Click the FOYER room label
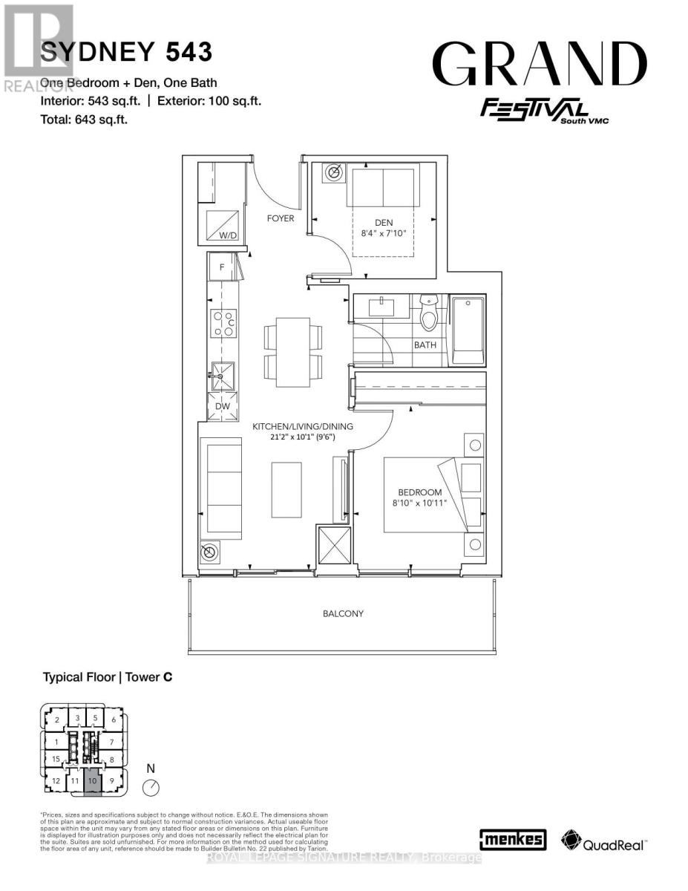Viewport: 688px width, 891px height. coord(281,218)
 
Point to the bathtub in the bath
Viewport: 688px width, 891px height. coord(468,330)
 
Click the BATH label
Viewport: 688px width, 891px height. coord(425,345)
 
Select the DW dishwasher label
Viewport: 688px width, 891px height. coord(222,406)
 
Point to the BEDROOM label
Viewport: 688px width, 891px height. coord(419,492)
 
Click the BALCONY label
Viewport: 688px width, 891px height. coord(343,613)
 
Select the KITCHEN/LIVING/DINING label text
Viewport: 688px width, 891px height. coord(303,427)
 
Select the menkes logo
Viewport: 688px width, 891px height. coord(514,840)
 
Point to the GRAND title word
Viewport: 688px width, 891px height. coord(539,65)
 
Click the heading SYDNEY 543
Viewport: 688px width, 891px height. coord(126,52)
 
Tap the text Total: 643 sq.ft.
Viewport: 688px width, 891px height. coord(85,118)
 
